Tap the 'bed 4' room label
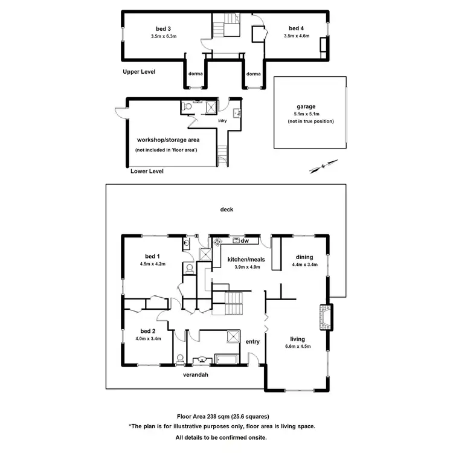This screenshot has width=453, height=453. click(x=296, y=28)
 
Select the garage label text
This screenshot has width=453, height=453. click(x=306, y=106)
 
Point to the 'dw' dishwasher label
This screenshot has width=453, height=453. click(x=245, y=241)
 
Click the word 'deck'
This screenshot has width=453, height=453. click(x=226, y=210)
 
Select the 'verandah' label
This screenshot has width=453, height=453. click(x=196, y=374)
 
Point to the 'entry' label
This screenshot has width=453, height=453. click(x=252, y=342)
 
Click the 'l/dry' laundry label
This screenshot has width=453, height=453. click(x=222, y=121)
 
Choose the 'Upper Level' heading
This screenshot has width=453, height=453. click(x=139, y=71)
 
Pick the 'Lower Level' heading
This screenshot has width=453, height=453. click(x=147, y=171)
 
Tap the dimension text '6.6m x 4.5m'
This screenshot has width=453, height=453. click(x=297, y=347)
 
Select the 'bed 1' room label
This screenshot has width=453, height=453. click(x=152, y=256)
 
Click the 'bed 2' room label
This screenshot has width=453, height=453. click(x=149, y=331)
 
